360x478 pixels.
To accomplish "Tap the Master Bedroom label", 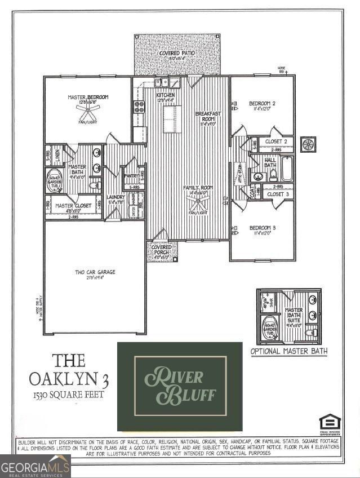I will click(88, 98).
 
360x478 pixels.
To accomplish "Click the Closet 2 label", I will click(277, 141).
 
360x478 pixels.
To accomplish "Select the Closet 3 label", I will click(278, 194).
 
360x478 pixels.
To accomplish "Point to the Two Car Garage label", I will click(95, 272).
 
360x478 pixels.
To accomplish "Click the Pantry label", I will click(131, 176).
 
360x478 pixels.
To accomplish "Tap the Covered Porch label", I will click(162, 249).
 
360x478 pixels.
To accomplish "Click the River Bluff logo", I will click(180, 386).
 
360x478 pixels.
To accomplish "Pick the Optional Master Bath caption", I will click(288, 351).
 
